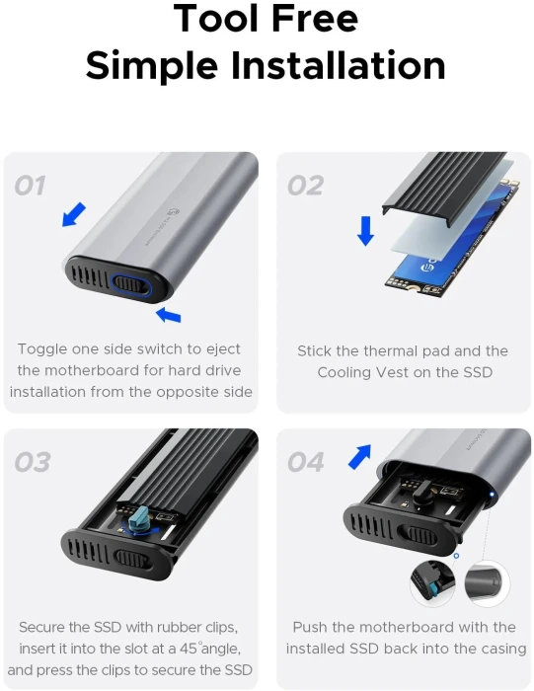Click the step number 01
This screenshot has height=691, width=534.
30,186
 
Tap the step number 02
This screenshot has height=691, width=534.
305,186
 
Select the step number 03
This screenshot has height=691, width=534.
33,462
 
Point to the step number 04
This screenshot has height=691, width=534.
306,462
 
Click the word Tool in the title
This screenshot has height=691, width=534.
216,19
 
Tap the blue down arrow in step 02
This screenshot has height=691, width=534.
365,230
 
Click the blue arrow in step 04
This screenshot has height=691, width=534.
360,457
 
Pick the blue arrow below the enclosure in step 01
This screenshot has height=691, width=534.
169,315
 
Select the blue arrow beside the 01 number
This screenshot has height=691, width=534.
74,214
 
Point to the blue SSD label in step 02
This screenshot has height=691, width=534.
454,238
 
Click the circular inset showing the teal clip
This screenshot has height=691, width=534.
432,582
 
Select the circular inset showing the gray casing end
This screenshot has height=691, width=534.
488,583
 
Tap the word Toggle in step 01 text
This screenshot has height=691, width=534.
41,349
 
